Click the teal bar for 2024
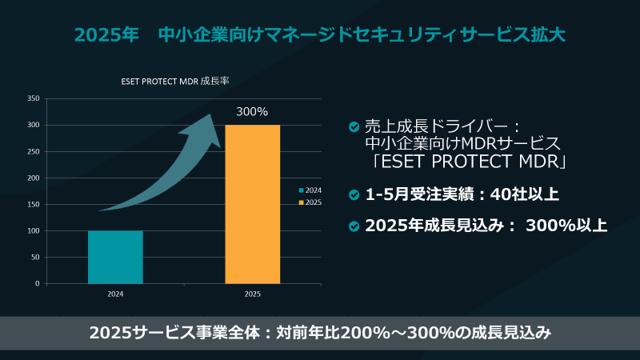point(115,257)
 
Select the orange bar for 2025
point(252,204)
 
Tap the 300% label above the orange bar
point(252,111)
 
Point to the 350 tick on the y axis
point(34,98)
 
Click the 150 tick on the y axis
point(34,204)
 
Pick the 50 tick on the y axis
point(35,257)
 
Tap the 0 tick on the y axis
point(37,283)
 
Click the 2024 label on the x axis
point(115,294)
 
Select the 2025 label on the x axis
point(252,294)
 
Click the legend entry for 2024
point(310,190)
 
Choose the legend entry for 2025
point(310,202)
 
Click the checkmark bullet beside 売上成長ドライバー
point(354,127)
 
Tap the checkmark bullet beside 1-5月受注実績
point(354,194)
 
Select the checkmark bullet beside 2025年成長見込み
point(354,226)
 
